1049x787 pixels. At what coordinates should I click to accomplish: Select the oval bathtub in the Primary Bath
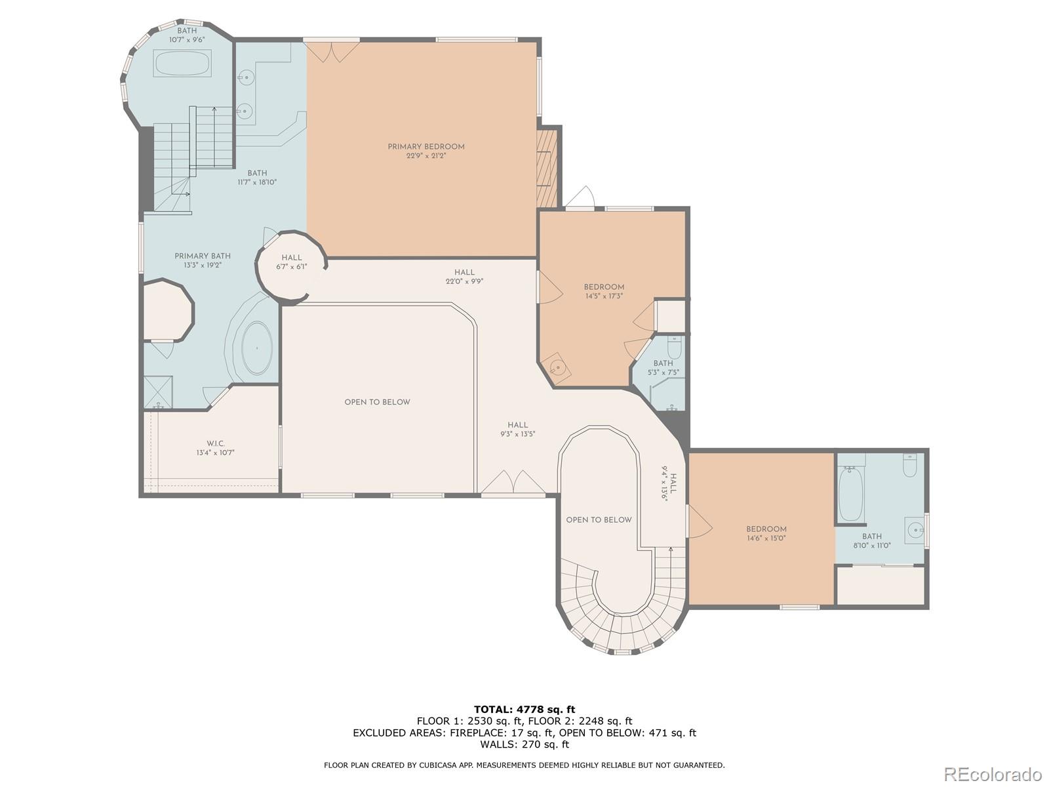point(256,348)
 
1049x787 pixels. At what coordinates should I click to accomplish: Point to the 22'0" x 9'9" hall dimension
point(465,281)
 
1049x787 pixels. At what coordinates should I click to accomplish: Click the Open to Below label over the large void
point(377,402)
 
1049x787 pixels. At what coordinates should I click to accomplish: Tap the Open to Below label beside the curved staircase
point(599,520)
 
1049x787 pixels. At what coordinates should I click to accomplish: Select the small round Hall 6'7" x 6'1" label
point(292,262)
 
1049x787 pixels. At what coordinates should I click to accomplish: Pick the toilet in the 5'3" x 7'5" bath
point(675,348)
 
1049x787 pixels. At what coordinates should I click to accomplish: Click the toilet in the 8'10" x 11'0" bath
point(910,465)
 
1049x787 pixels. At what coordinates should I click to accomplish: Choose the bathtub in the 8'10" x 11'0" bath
point(850,494)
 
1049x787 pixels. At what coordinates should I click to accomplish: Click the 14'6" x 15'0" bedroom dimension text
point(766,538)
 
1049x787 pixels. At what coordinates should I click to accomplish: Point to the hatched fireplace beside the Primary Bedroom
point(547,169)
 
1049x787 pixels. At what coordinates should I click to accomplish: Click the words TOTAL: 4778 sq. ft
point(524,709)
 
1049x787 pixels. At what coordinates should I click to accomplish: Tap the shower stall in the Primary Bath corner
point(158,392)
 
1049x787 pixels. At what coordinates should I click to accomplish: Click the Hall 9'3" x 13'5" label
point(517,430)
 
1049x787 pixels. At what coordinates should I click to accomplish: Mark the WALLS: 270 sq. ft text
point(524,744)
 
